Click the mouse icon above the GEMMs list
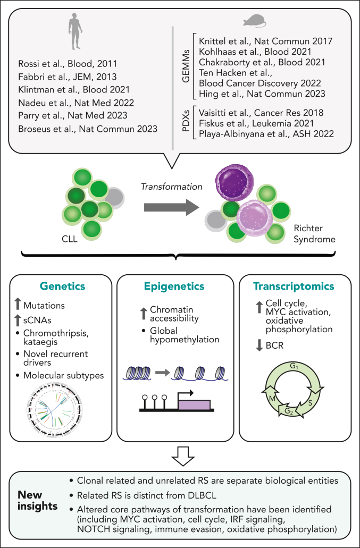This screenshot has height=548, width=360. [255, 21]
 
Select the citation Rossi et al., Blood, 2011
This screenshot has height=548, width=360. [68, 64]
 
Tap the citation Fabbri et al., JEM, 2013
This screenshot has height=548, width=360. [67, 77]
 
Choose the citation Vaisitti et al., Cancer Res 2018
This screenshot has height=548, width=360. [261, 113]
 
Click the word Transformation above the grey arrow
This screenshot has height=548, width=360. [172, 187]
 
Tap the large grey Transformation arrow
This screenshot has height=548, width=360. [172, 207]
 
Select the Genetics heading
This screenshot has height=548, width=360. [63, 286]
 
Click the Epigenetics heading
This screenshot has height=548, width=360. [174, 286]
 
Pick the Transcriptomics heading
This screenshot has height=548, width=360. [294, 286]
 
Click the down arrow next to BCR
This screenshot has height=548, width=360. [259, 345]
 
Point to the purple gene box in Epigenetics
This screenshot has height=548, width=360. [194, 404]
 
